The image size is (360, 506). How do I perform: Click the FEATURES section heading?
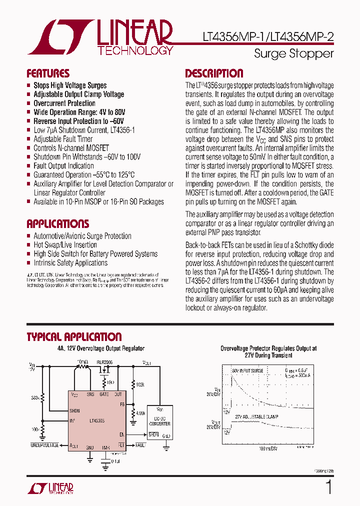pyautogui.click(x=48, y=73)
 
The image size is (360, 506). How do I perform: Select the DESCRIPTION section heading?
pyautogui.click(x=214, y=73)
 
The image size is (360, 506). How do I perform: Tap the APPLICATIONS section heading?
pyautogui.click(x=57, y=223)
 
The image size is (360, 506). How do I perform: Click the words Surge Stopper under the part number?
pyautogui.click(x=293, y=53)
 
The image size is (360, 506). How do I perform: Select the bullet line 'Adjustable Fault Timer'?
pyautogui.click(x=63, y=139)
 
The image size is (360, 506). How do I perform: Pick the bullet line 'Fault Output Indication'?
pyautogui.click(x=63, y=166)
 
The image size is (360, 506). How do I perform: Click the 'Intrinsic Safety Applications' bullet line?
pyautogui.click(x=70, y=263)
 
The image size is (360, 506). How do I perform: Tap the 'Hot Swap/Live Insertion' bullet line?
pyautogui.click(x=65, y=245)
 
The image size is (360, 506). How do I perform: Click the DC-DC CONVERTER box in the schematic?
pyautogui.click(x=160, y=421)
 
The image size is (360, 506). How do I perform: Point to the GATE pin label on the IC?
pyautogui.click(x=104, y=394)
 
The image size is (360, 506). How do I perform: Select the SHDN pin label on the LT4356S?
pyautogui.click(x=75, y=411)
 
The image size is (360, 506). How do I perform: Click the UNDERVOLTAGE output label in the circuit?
pyautogui.click(x=44, y=445)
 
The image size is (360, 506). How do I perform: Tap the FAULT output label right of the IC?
pyautogui.click(x=140, y=445)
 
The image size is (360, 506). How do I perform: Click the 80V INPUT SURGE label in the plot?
pyautogui.click(x=248, y=370)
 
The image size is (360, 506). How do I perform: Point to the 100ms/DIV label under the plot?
pyautogui.click(x=268, y=448)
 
